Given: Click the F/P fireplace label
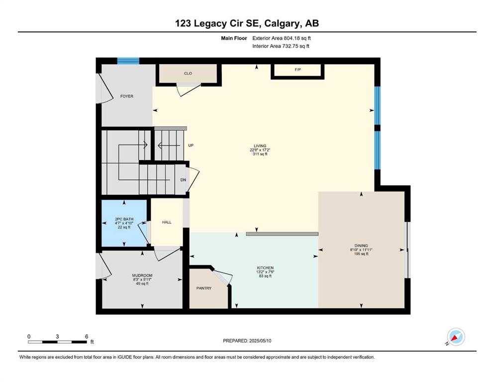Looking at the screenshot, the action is (297, 70).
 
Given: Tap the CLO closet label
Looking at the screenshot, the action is (188, 74).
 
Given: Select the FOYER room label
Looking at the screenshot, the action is (127, 96).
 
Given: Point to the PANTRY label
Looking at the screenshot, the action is (204, 288).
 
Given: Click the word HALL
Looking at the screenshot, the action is (167, 222).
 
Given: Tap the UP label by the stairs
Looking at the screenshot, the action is (191, 146).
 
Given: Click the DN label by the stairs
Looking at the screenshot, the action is (183, 180).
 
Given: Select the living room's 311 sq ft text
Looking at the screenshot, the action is (260, 154).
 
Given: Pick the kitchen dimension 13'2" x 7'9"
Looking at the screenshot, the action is (265, 272).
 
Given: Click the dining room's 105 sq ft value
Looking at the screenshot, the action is (361, 254).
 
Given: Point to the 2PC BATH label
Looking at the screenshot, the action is (124, 219).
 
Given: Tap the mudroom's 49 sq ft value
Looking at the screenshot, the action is (142, 284).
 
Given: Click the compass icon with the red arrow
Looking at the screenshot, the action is (456, 337).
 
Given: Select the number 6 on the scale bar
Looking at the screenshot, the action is (87, 337).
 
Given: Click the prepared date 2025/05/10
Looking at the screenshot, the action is (260, 341).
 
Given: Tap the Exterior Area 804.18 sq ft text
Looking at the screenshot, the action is (282, 38).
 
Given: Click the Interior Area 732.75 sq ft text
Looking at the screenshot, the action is (281, 46).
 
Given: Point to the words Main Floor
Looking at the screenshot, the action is (234, 38).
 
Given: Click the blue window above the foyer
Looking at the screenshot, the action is (128, 61).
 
